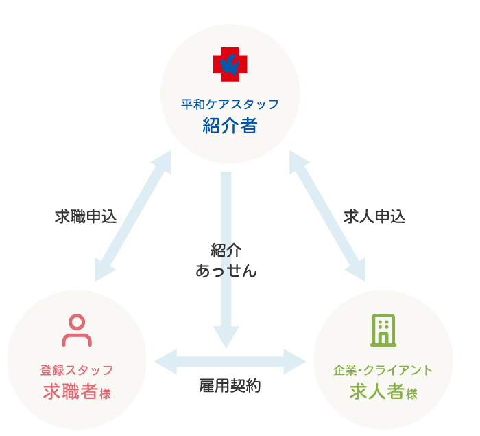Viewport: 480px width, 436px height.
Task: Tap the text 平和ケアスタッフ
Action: (230, 104)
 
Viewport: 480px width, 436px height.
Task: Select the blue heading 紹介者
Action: (230, 126)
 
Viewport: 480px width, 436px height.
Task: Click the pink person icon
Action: (77, 331)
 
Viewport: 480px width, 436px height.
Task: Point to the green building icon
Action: (383, 330)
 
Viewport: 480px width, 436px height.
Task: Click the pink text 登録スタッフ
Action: (77, 370)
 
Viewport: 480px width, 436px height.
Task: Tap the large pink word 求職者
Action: (69, 392)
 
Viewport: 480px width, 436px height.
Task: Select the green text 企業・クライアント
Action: (383, 370)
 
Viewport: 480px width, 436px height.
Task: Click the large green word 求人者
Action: (375, 392)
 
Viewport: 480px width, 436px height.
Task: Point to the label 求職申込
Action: (86, 217)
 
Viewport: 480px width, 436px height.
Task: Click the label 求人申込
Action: (374, 217)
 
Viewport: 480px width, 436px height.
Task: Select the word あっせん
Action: (226, 271)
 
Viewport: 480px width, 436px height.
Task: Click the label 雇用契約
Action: (230, 386)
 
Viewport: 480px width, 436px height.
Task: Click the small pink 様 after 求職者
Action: (105, 394)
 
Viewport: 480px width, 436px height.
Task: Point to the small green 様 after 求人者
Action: (411, 394)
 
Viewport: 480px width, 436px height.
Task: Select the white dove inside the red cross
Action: (228, 64)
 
